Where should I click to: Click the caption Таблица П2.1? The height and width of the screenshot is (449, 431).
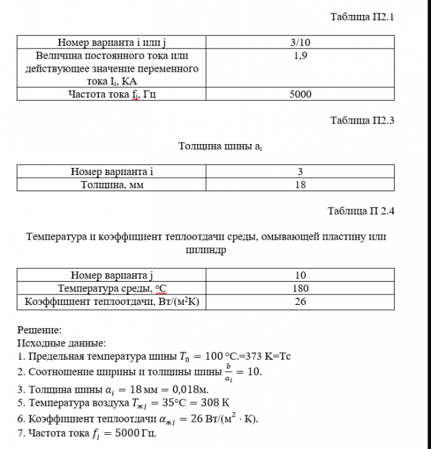(x=362, y=17)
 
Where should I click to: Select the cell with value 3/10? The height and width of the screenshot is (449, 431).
(x=300, y=43)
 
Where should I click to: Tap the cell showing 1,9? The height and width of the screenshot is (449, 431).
(x=300, y=56)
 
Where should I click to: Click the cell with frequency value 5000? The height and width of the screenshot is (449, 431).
(x=300, y=94)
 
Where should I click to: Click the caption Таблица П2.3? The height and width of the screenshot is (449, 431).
(x=362, y=120)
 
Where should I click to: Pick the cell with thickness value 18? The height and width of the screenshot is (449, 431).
(x=300, y=184)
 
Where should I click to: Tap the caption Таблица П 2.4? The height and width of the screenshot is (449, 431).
(x=360, y=211)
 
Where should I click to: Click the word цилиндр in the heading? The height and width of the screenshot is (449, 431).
(x=206, y=249)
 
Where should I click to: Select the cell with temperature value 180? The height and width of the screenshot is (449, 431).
(x=300, y=288)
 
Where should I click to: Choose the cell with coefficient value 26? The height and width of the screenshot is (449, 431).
(x=300, y=301)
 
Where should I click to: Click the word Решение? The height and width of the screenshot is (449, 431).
(x=39, y=330)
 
